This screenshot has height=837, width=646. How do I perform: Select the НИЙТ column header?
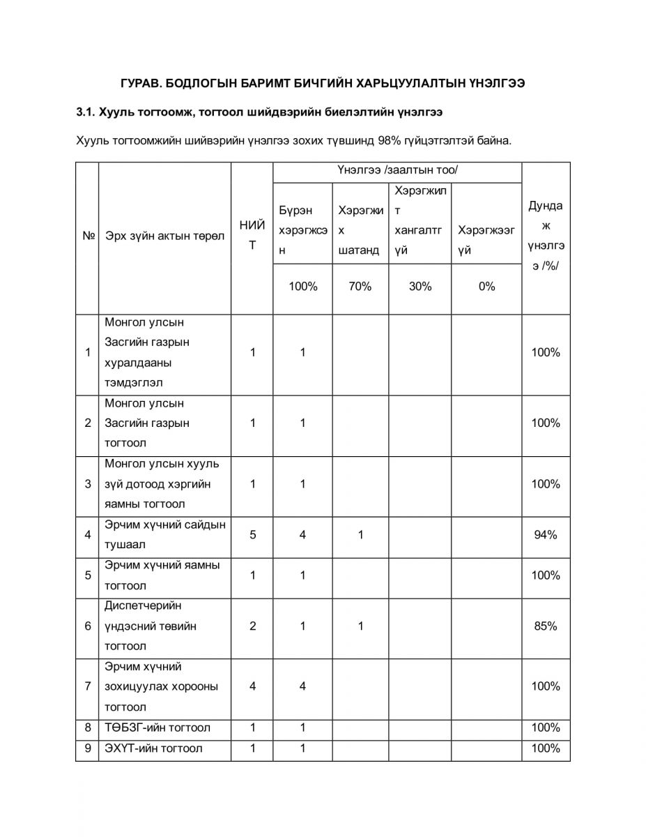click(x=252, y=235)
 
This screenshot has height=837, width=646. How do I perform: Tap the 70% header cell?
click(x=360, y=286)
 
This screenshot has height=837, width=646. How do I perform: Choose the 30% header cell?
click(x=420, y=286)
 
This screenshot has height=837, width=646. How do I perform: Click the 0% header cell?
click(x=486, y=286)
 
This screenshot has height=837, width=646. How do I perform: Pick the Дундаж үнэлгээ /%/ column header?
click(x=546, y=236)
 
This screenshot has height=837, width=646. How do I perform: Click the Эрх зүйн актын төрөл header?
click(x=164, y=236)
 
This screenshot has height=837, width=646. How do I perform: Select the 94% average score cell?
click(x=546, y=535)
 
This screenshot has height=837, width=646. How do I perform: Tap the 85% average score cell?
click(x=546, y=626)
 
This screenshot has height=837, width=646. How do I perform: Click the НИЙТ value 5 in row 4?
click(x=252, y=535)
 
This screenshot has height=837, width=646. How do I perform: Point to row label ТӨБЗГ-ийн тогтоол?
click(x=157, y=727)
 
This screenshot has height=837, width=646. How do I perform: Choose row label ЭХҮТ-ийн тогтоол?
click(x=154, y=748)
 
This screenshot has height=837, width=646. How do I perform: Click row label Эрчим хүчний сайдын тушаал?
click(x=164, y=535)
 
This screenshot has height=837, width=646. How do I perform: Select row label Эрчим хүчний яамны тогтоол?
click(x=162, y=575)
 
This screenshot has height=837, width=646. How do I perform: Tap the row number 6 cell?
click(x=88, y=626)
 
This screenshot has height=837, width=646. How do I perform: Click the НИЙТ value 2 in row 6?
click(x=252, y=626)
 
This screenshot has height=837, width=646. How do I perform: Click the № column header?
click(x=88, y=236)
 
